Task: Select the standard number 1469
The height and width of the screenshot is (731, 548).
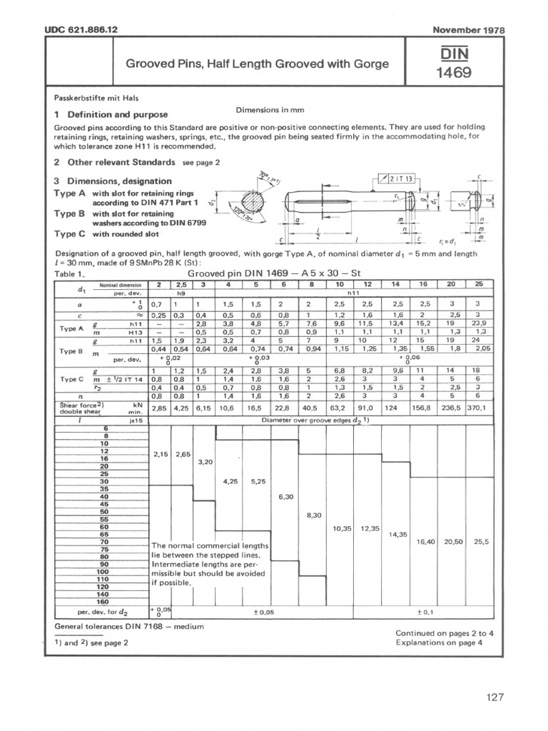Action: (x=453, y=73)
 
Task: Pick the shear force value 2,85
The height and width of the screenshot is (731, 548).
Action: (x=158, y=410)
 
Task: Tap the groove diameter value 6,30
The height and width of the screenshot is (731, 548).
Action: (x=285, y=495)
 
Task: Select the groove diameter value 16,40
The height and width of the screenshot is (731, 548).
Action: (x=425, y=542)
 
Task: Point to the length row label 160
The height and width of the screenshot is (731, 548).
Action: (x=103, y=601)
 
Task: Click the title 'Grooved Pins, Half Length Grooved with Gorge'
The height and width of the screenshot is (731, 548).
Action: (x=257, y=64)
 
